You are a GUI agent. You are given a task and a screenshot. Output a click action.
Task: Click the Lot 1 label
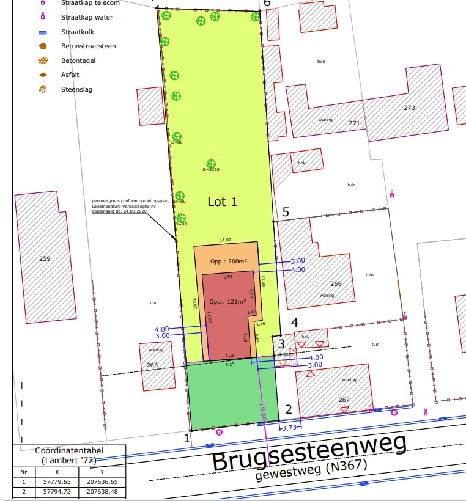pyautogui.click(x=222, y=202)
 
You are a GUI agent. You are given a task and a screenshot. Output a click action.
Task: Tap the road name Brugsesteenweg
pyautogui.click(x=309, y=456)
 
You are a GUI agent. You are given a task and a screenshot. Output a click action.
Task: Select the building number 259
pyautogui.click(x=45, y=259)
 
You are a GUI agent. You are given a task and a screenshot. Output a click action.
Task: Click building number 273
pyautogui.click(x=409, y=108)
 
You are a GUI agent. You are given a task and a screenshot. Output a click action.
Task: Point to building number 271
pyautogui.click(x=354, y=123)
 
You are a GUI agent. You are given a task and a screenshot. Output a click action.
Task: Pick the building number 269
pyautogui.click(x=336, y=283)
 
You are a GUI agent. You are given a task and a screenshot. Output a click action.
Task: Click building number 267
pyautogui.click(x=344, y=400)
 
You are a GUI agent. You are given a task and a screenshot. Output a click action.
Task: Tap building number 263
pyautogui.click(x=152, y=365)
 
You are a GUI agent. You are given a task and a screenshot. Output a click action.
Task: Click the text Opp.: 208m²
pyautogui.click(x=228, y=261)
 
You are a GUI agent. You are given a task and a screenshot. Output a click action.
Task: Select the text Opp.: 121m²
pyautogui.click(x=227, y=301)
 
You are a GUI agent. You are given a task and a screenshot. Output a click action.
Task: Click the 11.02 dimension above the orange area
pyautogui.click(x=226, y=240)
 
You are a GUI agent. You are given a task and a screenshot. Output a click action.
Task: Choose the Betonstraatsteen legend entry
pyautogui.click(x=88, y=46)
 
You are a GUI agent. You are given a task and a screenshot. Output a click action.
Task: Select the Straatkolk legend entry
pyautogui.click(x=77, y=32)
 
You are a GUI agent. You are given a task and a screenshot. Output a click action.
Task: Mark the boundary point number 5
pyautogui.click(x=285, y=213)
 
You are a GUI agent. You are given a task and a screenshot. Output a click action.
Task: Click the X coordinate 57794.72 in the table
pyautogui.click(x=57, y=491)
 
